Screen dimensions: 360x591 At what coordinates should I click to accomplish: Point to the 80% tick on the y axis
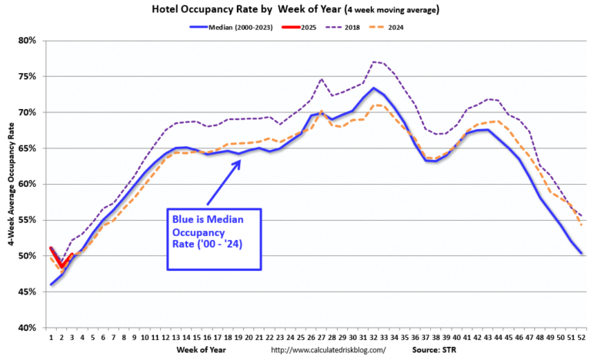point(27,40)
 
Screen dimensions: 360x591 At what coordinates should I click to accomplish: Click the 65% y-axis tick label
point(27,148)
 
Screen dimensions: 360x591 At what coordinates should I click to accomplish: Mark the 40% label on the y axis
point(27,328)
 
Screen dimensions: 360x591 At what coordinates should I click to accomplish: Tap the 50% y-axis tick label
point(27,256)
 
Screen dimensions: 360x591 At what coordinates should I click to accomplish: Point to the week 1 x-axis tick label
point(52,337)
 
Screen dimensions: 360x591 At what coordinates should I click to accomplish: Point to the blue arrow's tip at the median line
point(241,160)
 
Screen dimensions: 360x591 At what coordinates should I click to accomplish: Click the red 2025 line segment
point(61,260)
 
